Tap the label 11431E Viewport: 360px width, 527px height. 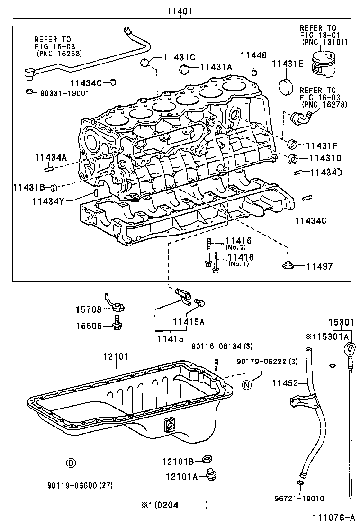click(287, 64)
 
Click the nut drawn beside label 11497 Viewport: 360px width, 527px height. click(287, 265)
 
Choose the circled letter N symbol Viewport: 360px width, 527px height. click(246, 384)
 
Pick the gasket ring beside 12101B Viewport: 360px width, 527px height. click(207, 458)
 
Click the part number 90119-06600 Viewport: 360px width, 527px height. click(80, 485)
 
